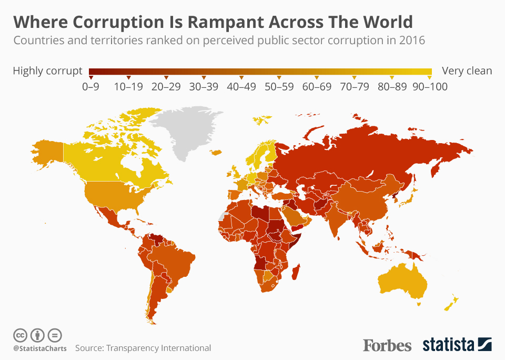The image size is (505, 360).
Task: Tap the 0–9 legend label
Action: (90, 87)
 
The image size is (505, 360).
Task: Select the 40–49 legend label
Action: (241, 87)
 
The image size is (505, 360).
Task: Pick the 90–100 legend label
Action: (429, 87)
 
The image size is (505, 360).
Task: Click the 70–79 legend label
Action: (355, 87)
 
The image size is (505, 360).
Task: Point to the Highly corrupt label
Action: (47, 71)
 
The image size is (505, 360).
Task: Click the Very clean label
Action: (467, 71)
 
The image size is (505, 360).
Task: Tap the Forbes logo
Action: (387, 345)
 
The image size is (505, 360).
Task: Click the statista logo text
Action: (448, 345)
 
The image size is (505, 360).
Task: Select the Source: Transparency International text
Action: (143, 348)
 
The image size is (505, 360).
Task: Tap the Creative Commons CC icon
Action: (20, 335)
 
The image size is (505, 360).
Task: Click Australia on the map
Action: (402, 279)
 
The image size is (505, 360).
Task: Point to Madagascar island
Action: (297, 274)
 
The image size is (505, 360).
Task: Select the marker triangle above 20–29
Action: (166, 78)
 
